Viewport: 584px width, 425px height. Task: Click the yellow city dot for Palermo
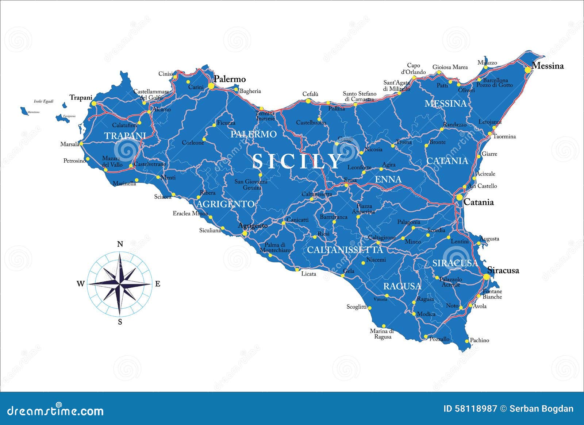pos(211,86)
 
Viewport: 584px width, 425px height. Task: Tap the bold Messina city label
pos(547,66)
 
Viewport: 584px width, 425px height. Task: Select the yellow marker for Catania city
pos(459,197)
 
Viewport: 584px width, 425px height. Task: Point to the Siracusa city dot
pos(486,277)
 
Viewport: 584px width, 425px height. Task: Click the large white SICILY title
pos(297,161)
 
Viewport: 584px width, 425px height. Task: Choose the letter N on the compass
pos(120,244)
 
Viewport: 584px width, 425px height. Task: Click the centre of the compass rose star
pos(120,283)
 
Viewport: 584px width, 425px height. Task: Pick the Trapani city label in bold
pos(81,97)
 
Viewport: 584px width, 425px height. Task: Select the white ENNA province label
pos(388,179)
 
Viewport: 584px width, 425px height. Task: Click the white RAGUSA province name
pos(402,286)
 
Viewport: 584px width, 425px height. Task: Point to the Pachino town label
pos(479,340)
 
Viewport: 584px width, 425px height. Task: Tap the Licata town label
pos(308,274)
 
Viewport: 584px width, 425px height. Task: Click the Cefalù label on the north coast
pos(310,94)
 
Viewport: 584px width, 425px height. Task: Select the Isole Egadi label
pos(43,101)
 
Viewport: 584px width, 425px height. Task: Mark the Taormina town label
pos(504,136)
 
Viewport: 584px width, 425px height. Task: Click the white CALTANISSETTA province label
pos(345,250)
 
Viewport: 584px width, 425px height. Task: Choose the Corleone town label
pos(193,143)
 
